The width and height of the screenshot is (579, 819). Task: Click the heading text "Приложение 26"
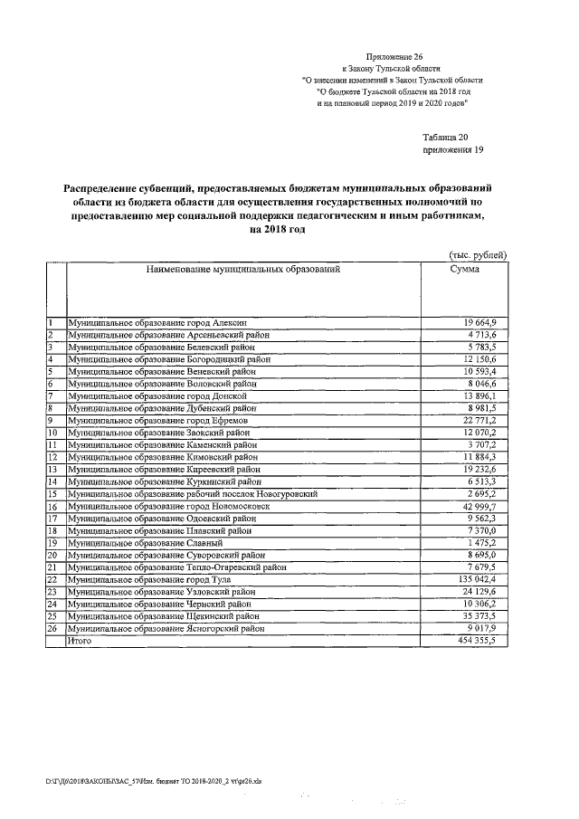pyautogui.click(x=394, y=56)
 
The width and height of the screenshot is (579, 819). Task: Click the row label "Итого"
pyautogui.click(x=81, y=640)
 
